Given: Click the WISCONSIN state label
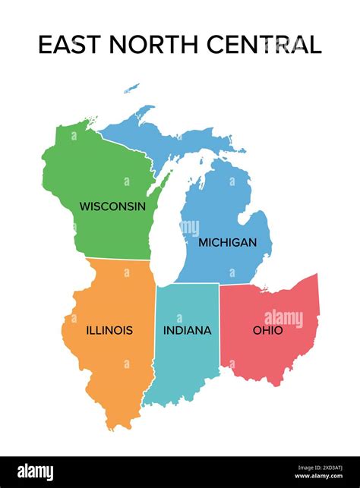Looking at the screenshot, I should point(112,206).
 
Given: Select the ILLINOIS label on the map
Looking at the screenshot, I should point(109,330).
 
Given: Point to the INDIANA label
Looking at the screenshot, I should point(187,330).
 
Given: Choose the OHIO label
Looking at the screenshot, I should point(267,330).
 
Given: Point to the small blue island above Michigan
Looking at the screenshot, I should point(132,88).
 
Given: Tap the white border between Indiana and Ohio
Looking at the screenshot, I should point(219,326).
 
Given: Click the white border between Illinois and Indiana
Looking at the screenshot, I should point(154,334).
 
